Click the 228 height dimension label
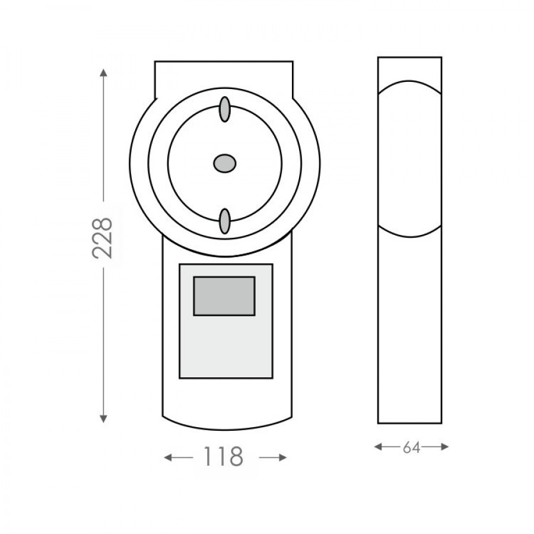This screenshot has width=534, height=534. click(x=102, y=238)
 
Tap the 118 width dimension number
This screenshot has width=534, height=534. click(x=223, y=457)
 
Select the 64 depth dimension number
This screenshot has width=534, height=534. click(x=411, y=448)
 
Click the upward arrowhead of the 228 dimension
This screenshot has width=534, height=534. click(x=103, y=72)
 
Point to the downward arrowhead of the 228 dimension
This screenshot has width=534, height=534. click(x=103, y=418)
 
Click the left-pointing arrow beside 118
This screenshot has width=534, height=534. click(x=178, y=457)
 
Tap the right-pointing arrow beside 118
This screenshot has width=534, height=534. click(x=273, y=457)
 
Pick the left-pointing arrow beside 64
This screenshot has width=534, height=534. click(x=388, y=446)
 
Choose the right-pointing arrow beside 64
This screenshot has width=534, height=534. click(x=435, y=446)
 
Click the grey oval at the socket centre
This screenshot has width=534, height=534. click(x=224, y=164)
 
